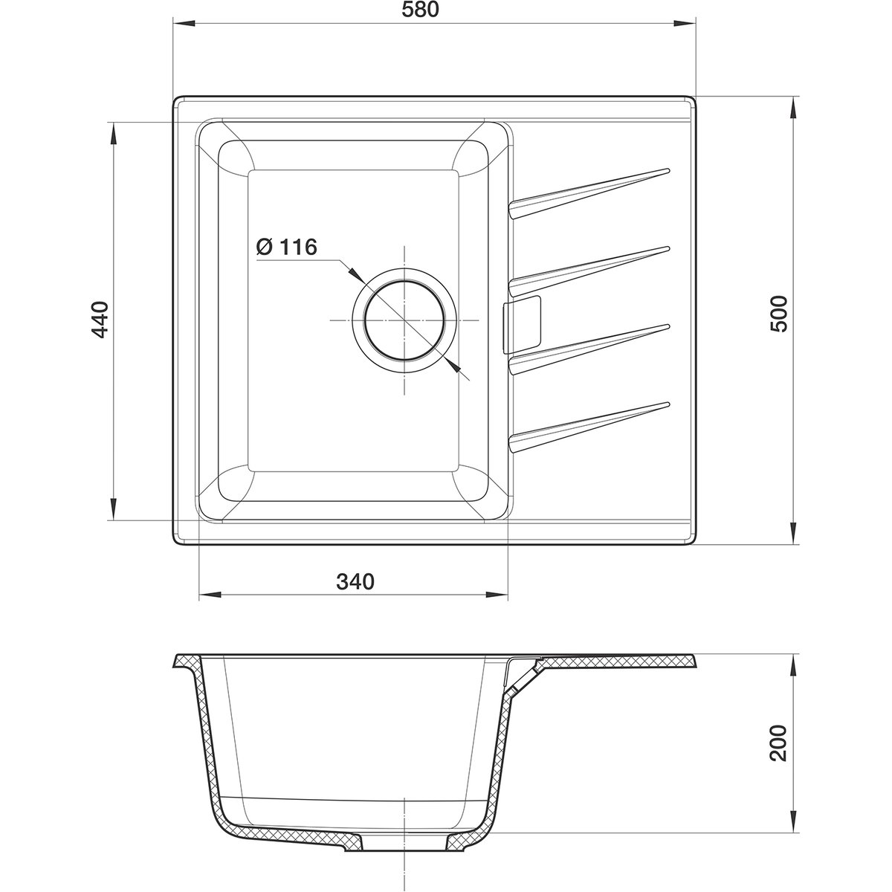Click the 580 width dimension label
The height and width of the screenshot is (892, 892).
(420, 10)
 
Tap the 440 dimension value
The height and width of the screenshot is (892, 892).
(100, 320)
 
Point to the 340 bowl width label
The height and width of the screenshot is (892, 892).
(355, 582)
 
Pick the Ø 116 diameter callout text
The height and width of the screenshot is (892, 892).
(286, 248)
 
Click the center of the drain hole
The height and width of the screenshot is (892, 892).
(405, 320)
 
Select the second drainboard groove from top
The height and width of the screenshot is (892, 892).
(589, 271)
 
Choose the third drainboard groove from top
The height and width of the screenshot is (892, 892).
(589, 349)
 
